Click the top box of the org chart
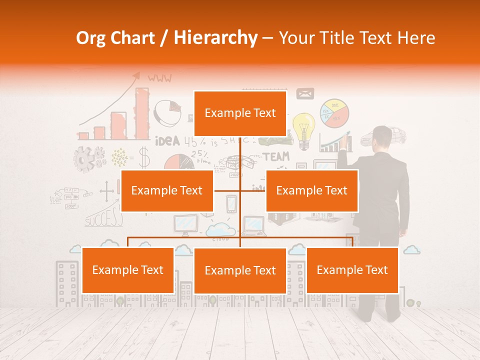[x=240, y=113]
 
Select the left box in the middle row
[x=167, y=190]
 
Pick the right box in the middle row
[x=311, y=190]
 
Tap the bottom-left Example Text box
[x=128, y=270]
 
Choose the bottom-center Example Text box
[x=240, y=270]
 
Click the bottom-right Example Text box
[x=352, y=270]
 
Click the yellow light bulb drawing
[x=303, y=129]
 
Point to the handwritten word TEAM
[x=276, y=157]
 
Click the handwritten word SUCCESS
[x=103, y=219]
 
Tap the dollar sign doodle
[x=144, y=157]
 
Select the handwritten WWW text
[x=159, y=78]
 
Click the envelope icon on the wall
[x=305, y=93]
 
